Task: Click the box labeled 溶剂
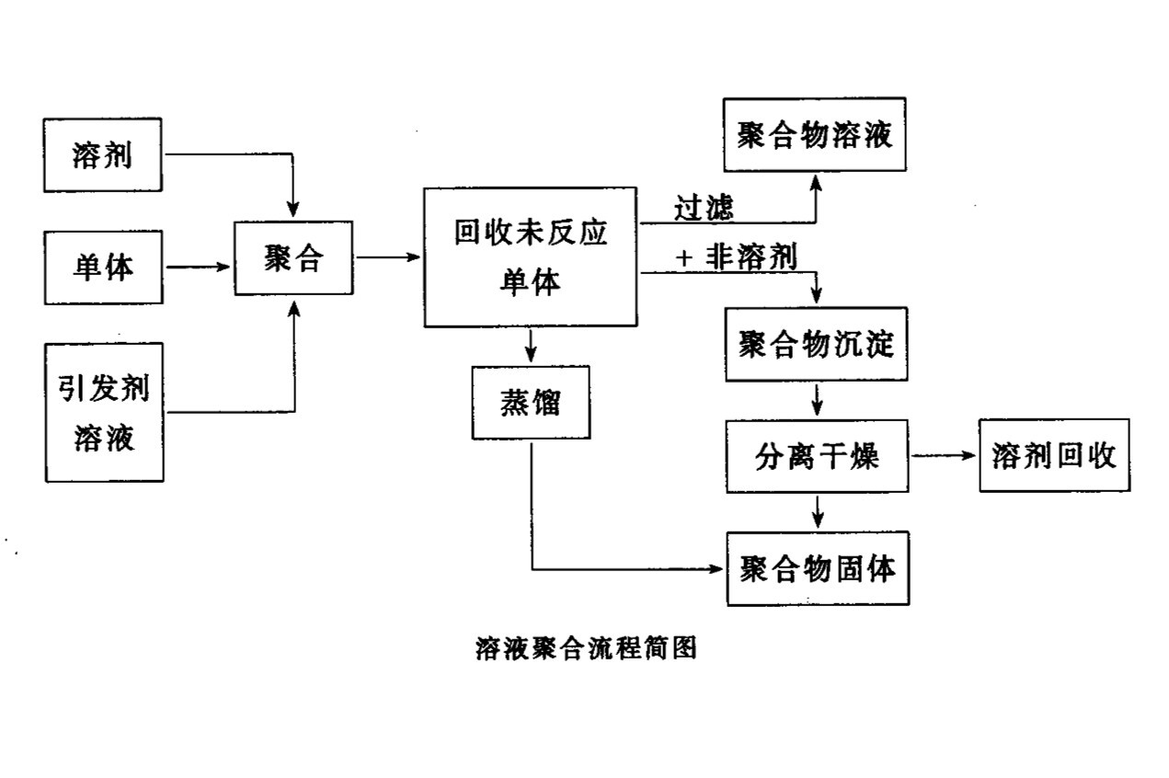pos(103,154)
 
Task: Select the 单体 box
pos(103,267)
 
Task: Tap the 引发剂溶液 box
pos(104,412)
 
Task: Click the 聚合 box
pos(293,257)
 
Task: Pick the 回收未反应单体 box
pos(530,257)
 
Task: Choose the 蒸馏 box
pos(531,402)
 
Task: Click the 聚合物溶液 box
pos(815,135)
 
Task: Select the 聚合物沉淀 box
pos(817,343)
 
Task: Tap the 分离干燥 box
pos(817,456)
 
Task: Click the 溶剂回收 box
pos(1054,456)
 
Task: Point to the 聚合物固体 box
pos(818,568)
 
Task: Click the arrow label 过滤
pos(705,208)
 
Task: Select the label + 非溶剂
pos(736,258)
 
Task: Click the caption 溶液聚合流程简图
pos(586,648)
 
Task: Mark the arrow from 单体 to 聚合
pos(198,267)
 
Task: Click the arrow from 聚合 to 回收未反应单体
pos(387,257)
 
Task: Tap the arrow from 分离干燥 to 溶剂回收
pos(943,456)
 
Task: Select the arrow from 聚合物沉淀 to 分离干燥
pos(817,400)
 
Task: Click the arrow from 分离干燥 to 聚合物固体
pos(817,512)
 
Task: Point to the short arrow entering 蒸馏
pos(531,346)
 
